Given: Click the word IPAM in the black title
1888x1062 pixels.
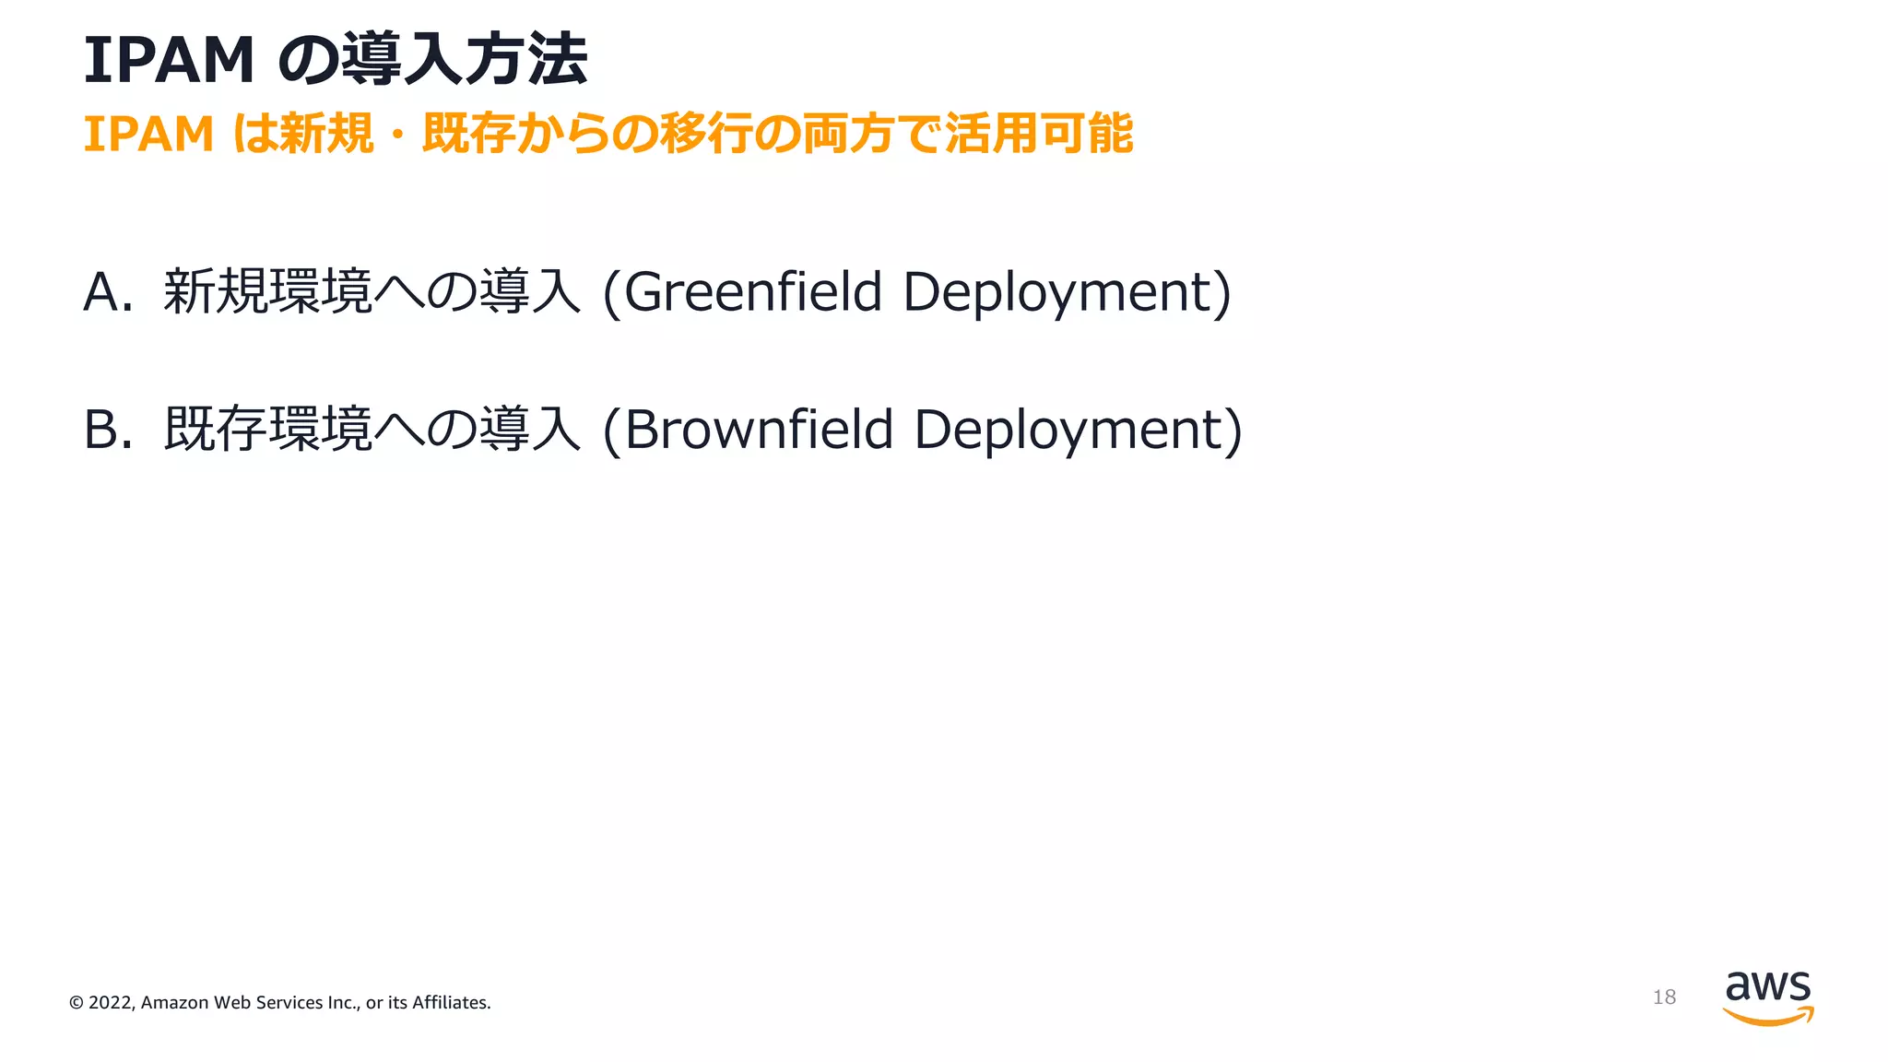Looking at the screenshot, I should coord(169,61).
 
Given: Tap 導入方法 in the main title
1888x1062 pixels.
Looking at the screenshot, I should coord(465,61).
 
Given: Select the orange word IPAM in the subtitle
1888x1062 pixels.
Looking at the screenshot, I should coord(148,135).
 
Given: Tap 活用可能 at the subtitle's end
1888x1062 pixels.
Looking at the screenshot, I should coord(1039,135).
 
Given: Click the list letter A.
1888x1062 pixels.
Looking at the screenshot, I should coord(101,292).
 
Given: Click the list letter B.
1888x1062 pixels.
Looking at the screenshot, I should coord(101,431).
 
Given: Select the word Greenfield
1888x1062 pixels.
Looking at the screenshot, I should coord(753,292).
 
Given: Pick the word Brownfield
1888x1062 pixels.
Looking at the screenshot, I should coord(759,431).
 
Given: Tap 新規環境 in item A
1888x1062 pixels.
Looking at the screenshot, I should coord(267,292).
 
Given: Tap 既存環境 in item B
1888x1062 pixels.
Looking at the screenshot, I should coord(267,431).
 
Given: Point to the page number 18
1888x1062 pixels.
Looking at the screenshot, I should coord(1664,997).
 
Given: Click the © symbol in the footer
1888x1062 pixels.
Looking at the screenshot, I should coord(77,1003).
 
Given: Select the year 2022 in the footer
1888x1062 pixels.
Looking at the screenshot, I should coord(111,1003).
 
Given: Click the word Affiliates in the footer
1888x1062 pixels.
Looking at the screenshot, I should coord(450,1003).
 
